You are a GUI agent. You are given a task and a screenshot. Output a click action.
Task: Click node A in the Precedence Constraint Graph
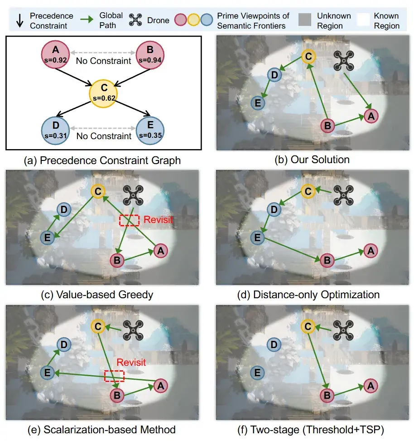[56, 54]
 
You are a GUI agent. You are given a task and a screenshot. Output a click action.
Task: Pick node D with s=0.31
[56, 131]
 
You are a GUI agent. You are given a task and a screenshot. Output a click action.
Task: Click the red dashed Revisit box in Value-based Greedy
[129, 219]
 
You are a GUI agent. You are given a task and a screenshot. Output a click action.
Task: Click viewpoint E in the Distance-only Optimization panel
[257, 237]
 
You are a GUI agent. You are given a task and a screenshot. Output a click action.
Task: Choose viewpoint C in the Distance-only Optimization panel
[308, 191]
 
